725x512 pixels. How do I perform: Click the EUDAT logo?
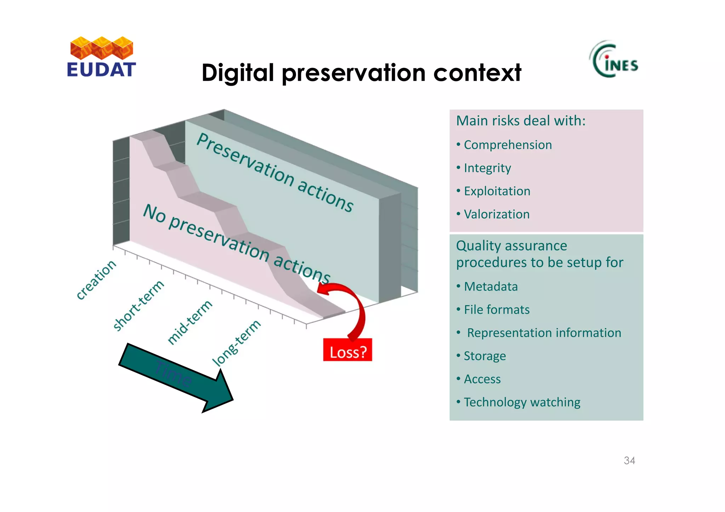101,57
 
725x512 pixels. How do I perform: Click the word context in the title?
477,73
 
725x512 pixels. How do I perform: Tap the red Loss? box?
347,350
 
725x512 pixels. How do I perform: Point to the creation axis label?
96,280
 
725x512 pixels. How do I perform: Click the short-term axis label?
138,305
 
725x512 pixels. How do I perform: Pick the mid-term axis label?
190,322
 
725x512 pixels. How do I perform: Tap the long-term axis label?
236,343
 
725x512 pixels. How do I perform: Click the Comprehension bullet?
507,145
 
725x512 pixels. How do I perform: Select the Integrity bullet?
487,168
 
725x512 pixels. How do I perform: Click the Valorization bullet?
496,214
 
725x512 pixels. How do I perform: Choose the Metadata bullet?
491,287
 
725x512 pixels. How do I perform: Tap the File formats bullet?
496,310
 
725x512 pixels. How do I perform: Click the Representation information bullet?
544,333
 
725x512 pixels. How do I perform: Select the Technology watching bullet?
522,402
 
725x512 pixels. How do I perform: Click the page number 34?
629,461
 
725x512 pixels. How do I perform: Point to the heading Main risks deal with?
520,121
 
